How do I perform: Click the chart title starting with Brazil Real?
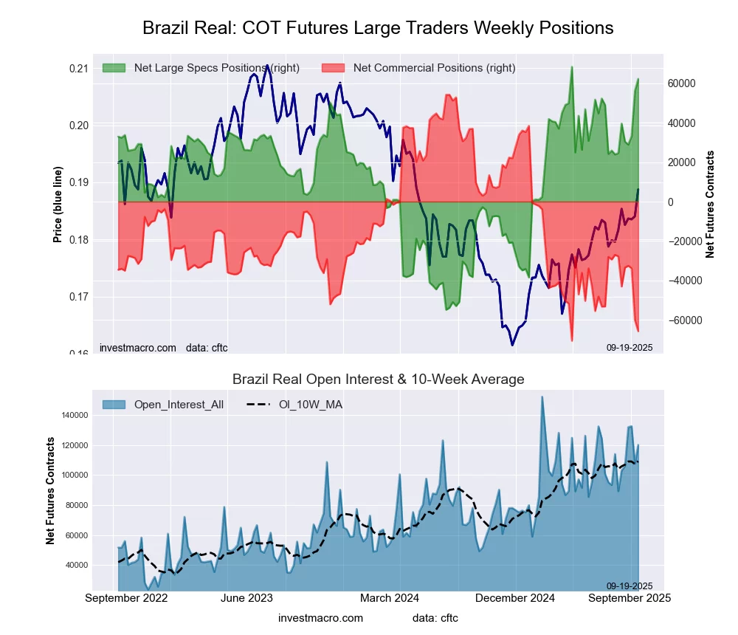(377, 28)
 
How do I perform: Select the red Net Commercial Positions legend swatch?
(333, 68)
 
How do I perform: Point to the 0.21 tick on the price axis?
(78, 69)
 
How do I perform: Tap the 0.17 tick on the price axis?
(78, 297)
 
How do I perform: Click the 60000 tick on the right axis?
(683, 83)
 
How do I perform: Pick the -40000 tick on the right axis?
(685, 281)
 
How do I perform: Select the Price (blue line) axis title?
(58, 205)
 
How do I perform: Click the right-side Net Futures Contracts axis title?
(710, 205)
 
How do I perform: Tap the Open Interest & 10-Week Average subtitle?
(378, 380)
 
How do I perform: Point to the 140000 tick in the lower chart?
(70, 416)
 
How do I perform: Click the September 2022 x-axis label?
(126, 598)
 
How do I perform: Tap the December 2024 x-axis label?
(517, 598)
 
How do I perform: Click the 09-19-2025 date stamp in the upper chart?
(630, 347)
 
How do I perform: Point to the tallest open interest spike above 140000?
(542, 397)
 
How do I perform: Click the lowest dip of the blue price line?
(512, 345)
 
